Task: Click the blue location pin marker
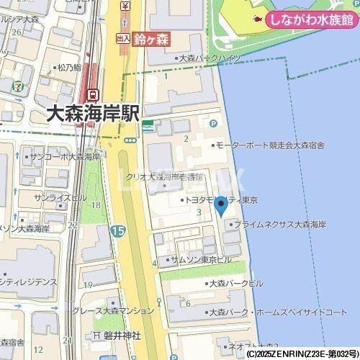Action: coord(221,207)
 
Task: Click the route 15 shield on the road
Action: coord(117,230)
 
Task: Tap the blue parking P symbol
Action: coord(212,124)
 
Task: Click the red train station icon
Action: coord(93,95)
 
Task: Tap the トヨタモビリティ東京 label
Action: coord(224,199)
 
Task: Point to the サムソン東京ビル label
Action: coord(200,258)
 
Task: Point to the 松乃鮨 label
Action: coord(68,68)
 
